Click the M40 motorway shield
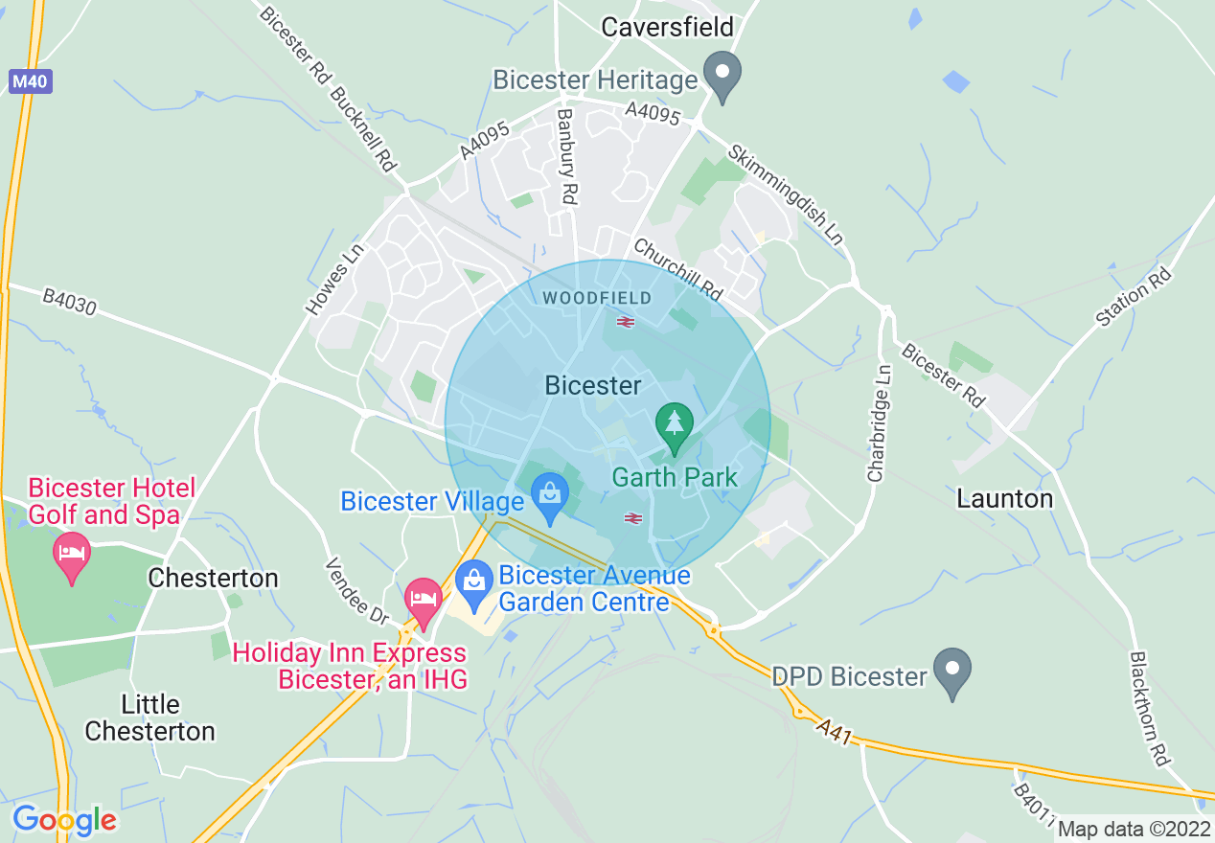[31, 81]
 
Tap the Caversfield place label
[667, 27]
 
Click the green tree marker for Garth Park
[675, 426]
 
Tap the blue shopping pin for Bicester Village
[550, 497]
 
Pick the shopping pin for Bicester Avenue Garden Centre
[472, 580]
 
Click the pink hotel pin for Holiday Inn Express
[423, 601]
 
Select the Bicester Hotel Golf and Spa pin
[72, 556]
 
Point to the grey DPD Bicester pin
[951, 671]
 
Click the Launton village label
[1004, 498]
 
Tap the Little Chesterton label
[149, 718]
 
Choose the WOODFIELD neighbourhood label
[597, 298]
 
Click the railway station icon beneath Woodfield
[626, 322]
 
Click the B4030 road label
[70, 302]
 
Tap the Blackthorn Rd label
[1150, 709]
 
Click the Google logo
[64, 820]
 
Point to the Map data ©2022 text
[1134, 830]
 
